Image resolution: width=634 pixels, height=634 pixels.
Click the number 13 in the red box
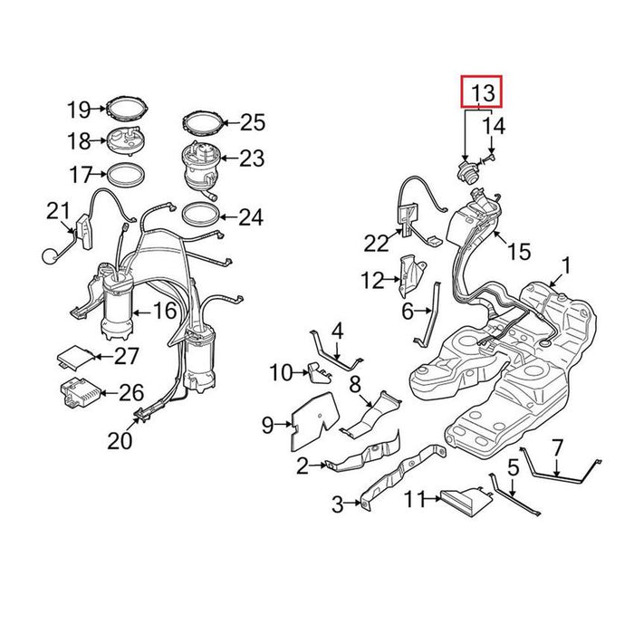[x=483, y=92]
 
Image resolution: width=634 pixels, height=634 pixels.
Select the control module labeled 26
[x=80, y=392]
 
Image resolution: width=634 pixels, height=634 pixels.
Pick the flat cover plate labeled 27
[x=76, y=356]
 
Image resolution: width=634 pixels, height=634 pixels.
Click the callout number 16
[x=165, y=311]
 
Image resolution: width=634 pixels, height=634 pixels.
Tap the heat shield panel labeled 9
[x=313, y=420]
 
